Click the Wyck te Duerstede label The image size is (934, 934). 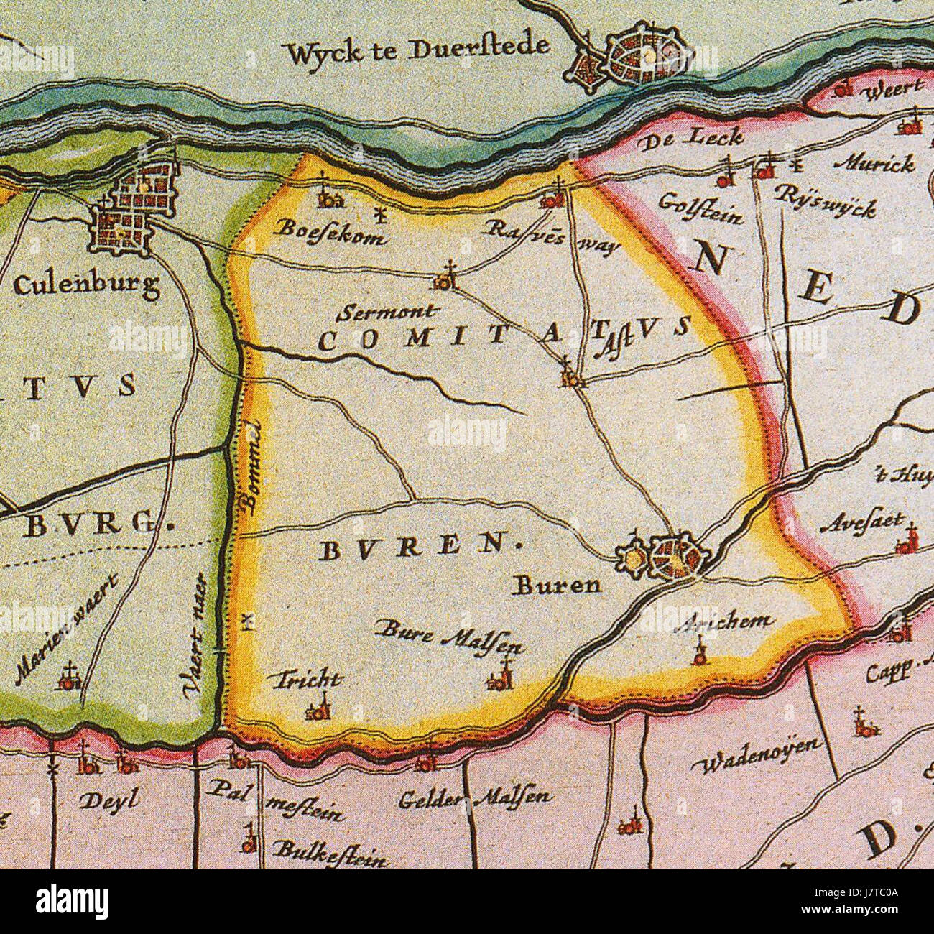tap(417, 49)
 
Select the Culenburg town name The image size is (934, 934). tap(86, 287)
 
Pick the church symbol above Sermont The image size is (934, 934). tap(445, 277)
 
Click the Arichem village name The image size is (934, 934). tap(728, 622)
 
